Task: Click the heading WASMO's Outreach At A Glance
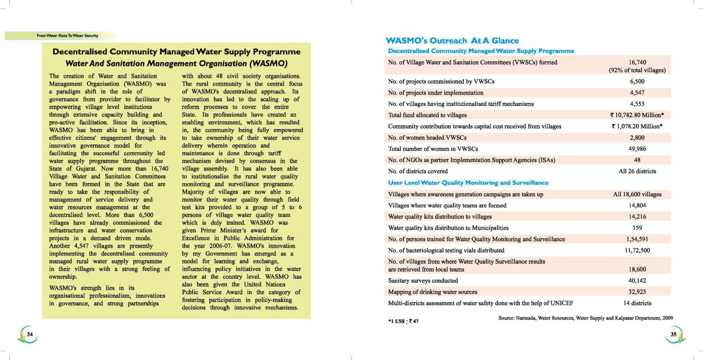[452, 41]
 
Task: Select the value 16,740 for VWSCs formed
[637, 62]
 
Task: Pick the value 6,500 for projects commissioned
[637, 81]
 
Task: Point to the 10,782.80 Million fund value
[637, 115]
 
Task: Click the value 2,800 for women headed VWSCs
[637, 137]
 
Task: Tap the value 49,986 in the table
[637, 149]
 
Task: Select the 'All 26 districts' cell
[637, 171]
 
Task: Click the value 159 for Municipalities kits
[637, 228]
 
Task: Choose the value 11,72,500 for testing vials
[637, 250]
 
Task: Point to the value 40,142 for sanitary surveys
[637, 281]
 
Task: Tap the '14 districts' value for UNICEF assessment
[637, 303]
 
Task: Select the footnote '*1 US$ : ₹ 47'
[403, 321]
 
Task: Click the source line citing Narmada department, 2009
[585, 318]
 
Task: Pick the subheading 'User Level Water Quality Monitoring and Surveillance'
[468, 183]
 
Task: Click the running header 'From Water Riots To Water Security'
[67, 36]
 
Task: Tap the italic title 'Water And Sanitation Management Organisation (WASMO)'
[176, 64]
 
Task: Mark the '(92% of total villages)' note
[637, 70]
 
